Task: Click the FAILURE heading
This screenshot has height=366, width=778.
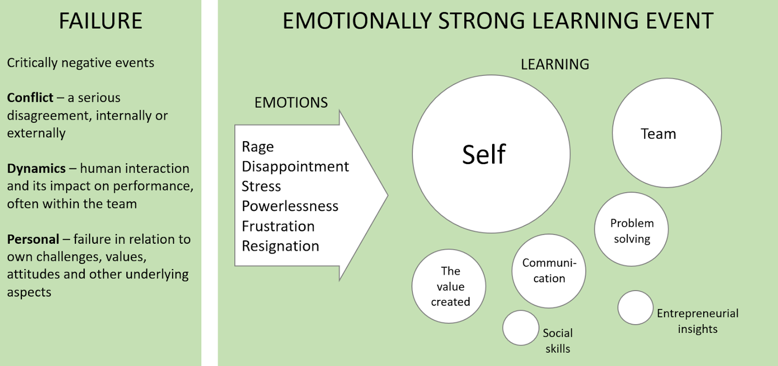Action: pyautogui.click(x=101, y=21)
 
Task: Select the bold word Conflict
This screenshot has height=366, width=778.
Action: pyautogui.click(x=30, y=98)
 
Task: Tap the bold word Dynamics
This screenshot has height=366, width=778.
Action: pyautogui.click(x=36, y=168)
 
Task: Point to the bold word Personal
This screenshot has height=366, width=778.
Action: pyautogui.click(x=33, y=239)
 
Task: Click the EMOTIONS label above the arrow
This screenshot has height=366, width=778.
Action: pyautogui.click(x=291, y=103)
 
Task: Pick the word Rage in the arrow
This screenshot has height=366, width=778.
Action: pyautogui.click(x=258, y=147)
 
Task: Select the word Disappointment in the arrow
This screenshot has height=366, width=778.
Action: pyautogui.click(x=295, y=166)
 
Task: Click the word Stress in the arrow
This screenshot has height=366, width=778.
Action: pyautogui.click(x=261, y=186)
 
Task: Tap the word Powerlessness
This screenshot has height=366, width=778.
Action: pyautogui.click(x=290, y=206)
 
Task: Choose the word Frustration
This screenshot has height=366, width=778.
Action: pyautogui.click(x=278, y=226)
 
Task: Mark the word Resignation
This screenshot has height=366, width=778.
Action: pyautogui.click(x=281, y=246)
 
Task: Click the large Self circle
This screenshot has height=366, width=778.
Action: pyautogui.click(x=491, y=154)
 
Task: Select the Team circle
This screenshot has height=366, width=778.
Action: pyautogui.click(x=667, y=133)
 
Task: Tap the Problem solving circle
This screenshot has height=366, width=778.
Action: pyautogui.click(x=631, y=229)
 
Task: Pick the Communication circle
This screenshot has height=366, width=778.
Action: pyautogui.click(x=548, y=271)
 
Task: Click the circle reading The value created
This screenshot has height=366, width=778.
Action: pyautogui.click(x=449, y=286)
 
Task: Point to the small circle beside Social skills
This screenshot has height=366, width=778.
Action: pyautogui.click(x=521, y=328)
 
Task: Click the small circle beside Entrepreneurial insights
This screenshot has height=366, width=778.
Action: pyautogui.click(x=635, y=308)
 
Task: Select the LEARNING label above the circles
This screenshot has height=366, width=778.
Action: pyautogui.click(x=555, y=64)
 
